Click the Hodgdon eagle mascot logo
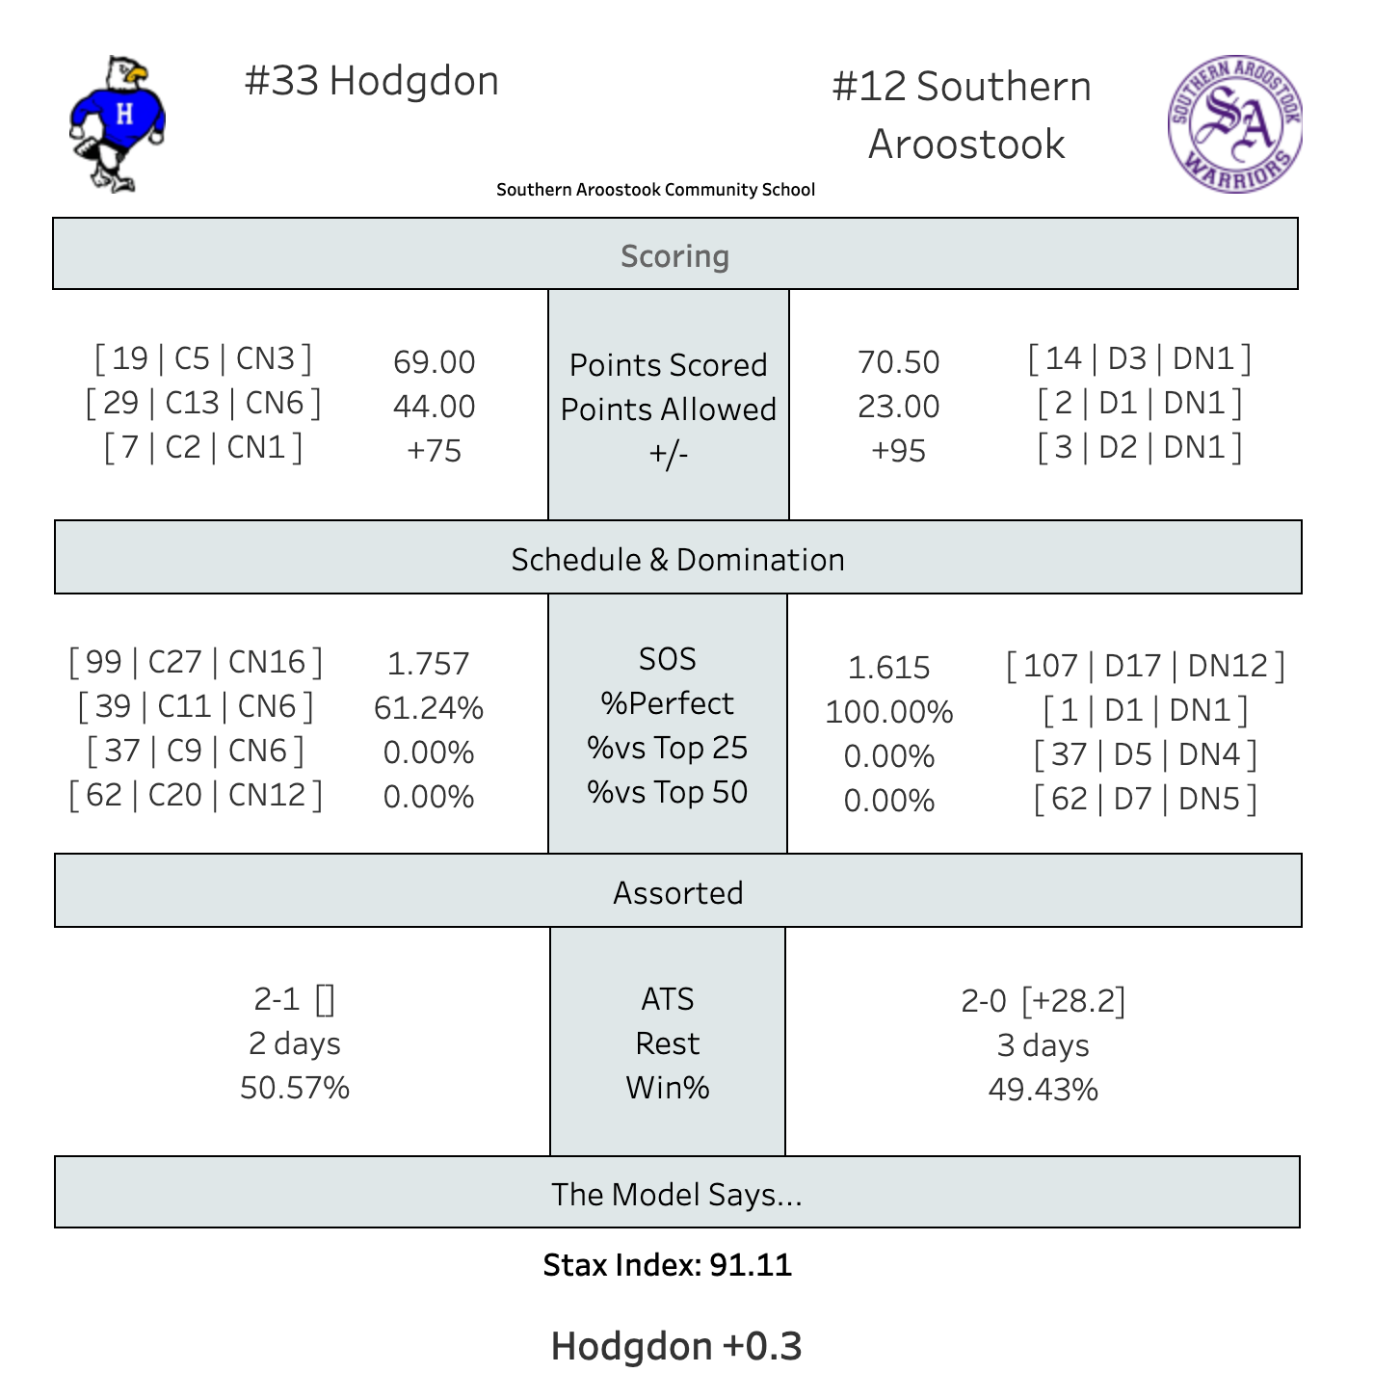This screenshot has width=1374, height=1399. pyautogui.click(x=118, y=123)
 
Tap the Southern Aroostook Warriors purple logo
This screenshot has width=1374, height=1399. pyautogui.click(x=1234, y=124)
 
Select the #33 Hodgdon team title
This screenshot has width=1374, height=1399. pyautogui.click(x=372, y=81)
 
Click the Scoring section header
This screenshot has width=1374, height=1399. pyautogui.click(x=675, y=256)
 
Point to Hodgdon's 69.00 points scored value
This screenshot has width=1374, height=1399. pyautogui.click(x=435, y=362)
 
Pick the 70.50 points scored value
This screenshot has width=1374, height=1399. pyautogui.click(x=898, y=362)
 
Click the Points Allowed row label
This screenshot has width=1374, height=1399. pyautogui.click(x=669, y=409)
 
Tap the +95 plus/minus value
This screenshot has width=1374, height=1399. pyautogui.click(x=898, y=451)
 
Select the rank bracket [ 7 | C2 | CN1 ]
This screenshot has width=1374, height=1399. pyautogui.click(x=203, y=448)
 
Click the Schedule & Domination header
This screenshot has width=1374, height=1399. pyautogui.click(x=677, y=560)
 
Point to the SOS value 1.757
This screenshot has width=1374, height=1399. pyautogui.click(x=428, y=664)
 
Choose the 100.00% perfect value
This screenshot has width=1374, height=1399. pyautogui.click(x=888, y=712)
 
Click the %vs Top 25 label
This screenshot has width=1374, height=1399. pyautogui.click(x=668, y=748)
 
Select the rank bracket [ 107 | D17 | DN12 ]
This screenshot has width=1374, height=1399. pyautogui.click(x=1145, y=666)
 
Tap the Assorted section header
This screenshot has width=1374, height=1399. pyautogui.click(x=677, y=893)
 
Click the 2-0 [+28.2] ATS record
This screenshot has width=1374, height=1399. pyautogui.click(x=1043, y=1001)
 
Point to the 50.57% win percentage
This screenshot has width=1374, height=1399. pyautogui.click(x=295, y=1088)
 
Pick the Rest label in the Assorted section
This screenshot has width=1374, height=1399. pyautogui.click(x=668, y=1043)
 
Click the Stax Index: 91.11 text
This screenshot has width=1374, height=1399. pyautogui.click(x=668, y=1265)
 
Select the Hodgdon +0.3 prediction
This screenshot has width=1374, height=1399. pyautogui.click(x=676, y=1346)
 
